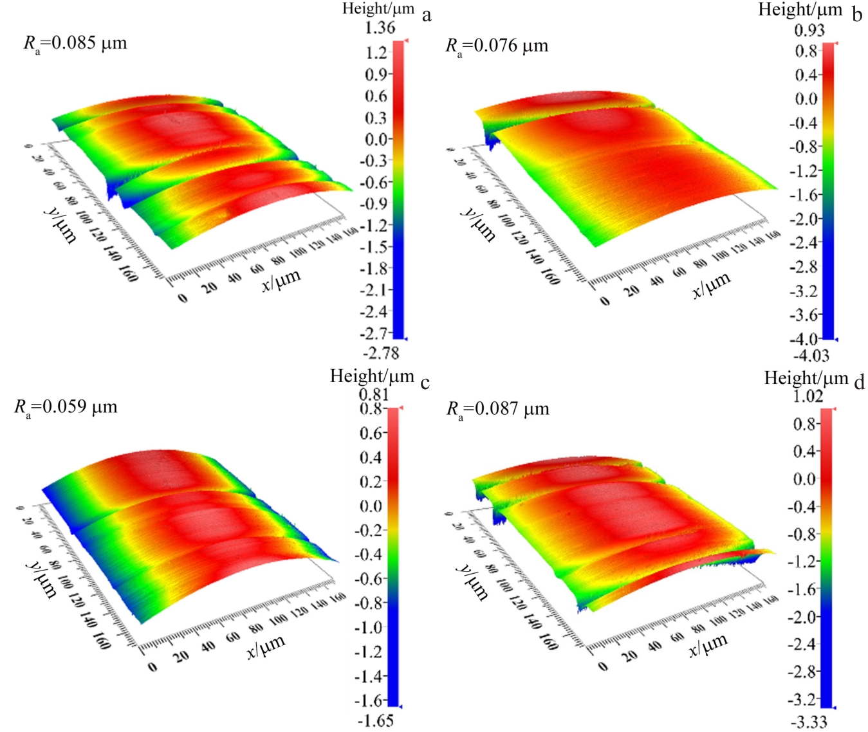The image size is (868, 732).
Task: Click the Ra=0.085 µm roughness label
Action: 75,44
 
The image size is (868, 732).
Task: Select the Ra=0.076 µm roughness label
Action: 497,46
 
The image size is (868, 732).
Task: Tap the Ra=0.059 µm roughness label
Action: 66,408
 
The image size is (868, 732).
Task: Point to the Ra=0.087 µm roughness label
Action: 498,410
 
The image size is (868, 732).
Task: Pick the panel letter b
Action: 856,14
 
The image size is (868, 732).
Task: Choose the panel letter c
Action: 425,383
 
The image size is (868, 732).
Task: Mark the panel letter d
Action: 860,383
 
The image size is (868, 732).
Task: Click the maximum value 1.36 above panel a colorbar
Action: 380,28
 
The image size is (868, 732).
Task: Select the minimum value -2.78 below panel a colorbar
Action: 381,352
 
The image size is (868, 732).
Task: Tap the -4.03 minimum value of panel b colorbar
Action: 811,355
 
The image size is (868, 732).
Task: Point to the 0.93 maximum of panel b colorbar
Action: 809,30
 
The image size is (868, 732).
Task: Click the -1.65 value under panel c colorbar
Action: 376,720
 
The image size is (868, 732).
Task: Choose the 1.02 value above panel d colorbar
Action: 808,396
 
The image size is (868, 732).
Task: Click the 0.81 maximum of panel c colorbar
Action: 374,394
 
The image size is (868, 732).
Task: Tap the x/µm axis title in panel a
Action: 281,280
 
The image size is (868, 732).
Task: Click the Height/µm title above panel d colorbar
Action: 806,378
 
